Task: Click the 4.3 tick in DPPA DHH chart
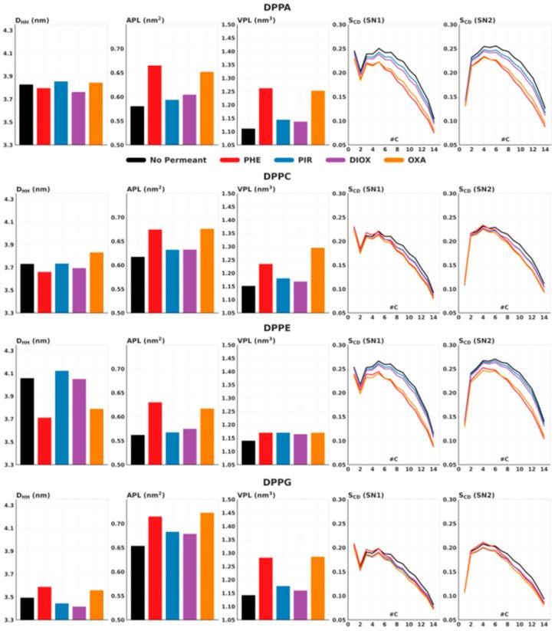click(8, 31)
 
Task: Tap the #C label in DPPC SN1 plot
click(392, 306)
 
